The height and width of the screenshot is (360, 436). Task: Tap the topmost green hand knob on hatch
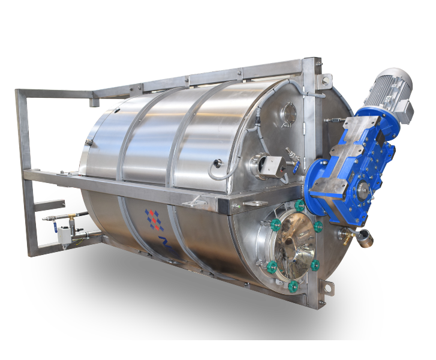[299, 206]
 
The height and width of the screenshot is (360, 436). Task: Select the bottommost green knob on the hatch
[293, 286]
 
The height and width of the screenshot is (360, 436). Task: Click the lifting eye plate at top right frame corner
[326, 79]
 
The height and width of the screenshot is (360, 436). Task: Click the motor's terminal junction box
[405, 110]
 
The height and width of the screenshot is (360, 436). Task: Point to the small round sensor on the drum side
[217, 162]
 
